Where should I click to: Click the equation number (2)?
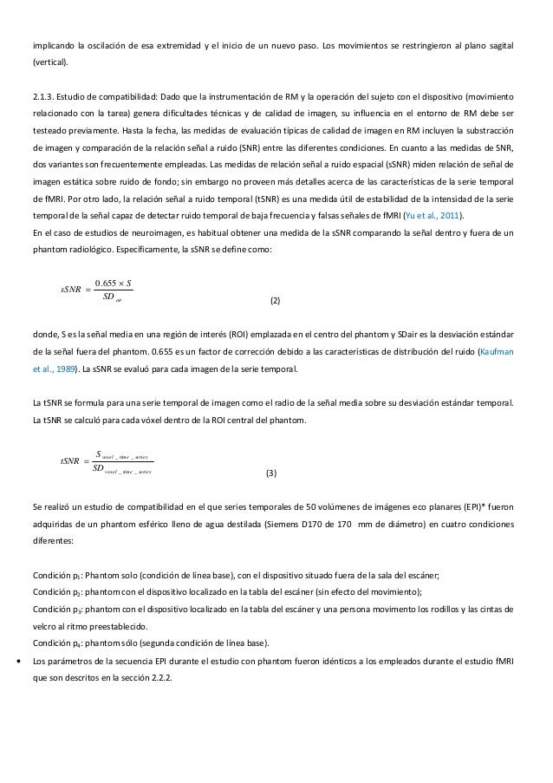coord(275,300)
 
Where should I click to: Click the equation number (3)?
coord(271,473)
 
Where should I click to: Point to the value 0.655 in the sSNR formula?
coord(105,282)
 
